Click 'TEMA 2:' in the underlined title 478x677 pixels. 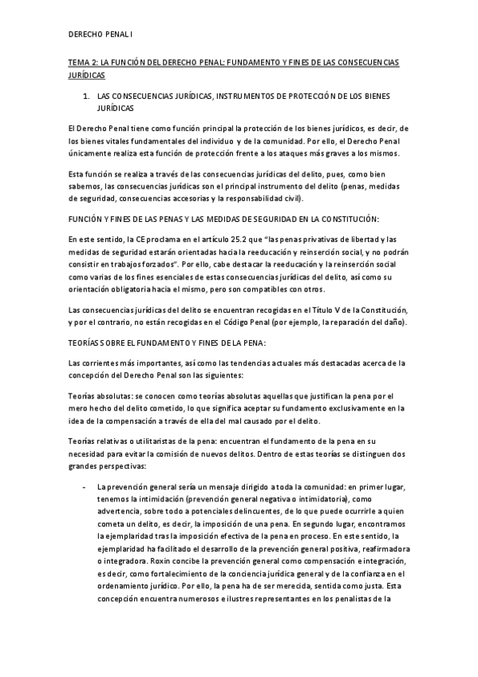coord(82,61)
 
